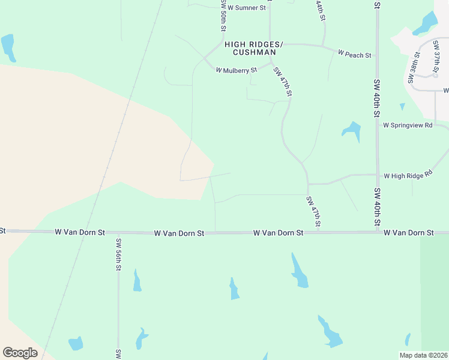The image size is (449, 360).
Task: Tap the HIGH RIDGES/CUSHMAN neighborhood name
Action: tap(253, 49)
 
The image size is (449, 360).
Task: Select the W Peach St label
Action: tap(354, 55)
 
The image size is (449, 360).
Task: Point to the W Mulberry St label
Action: tap(237, 70)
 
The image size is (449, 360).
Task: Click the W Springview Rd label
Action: tap(408, 125)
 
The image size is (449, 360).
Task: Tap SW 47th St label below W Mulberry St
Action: tap(283, 82)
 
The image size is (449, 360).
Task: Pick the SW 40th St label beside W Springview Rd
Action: tap(377, 97)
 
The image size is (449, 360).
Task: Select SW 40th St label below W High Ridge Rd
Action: tap(377, 206)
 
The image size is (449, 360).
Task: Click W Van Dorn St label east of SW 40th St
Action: tap(408, 232)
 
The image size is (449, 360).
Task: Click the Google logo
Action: tap(20, 352)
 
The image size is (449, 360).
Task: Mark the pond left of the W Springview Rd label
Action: tap(352, 131)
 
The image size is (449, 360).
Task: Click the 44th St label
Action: tap(321, 11)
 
